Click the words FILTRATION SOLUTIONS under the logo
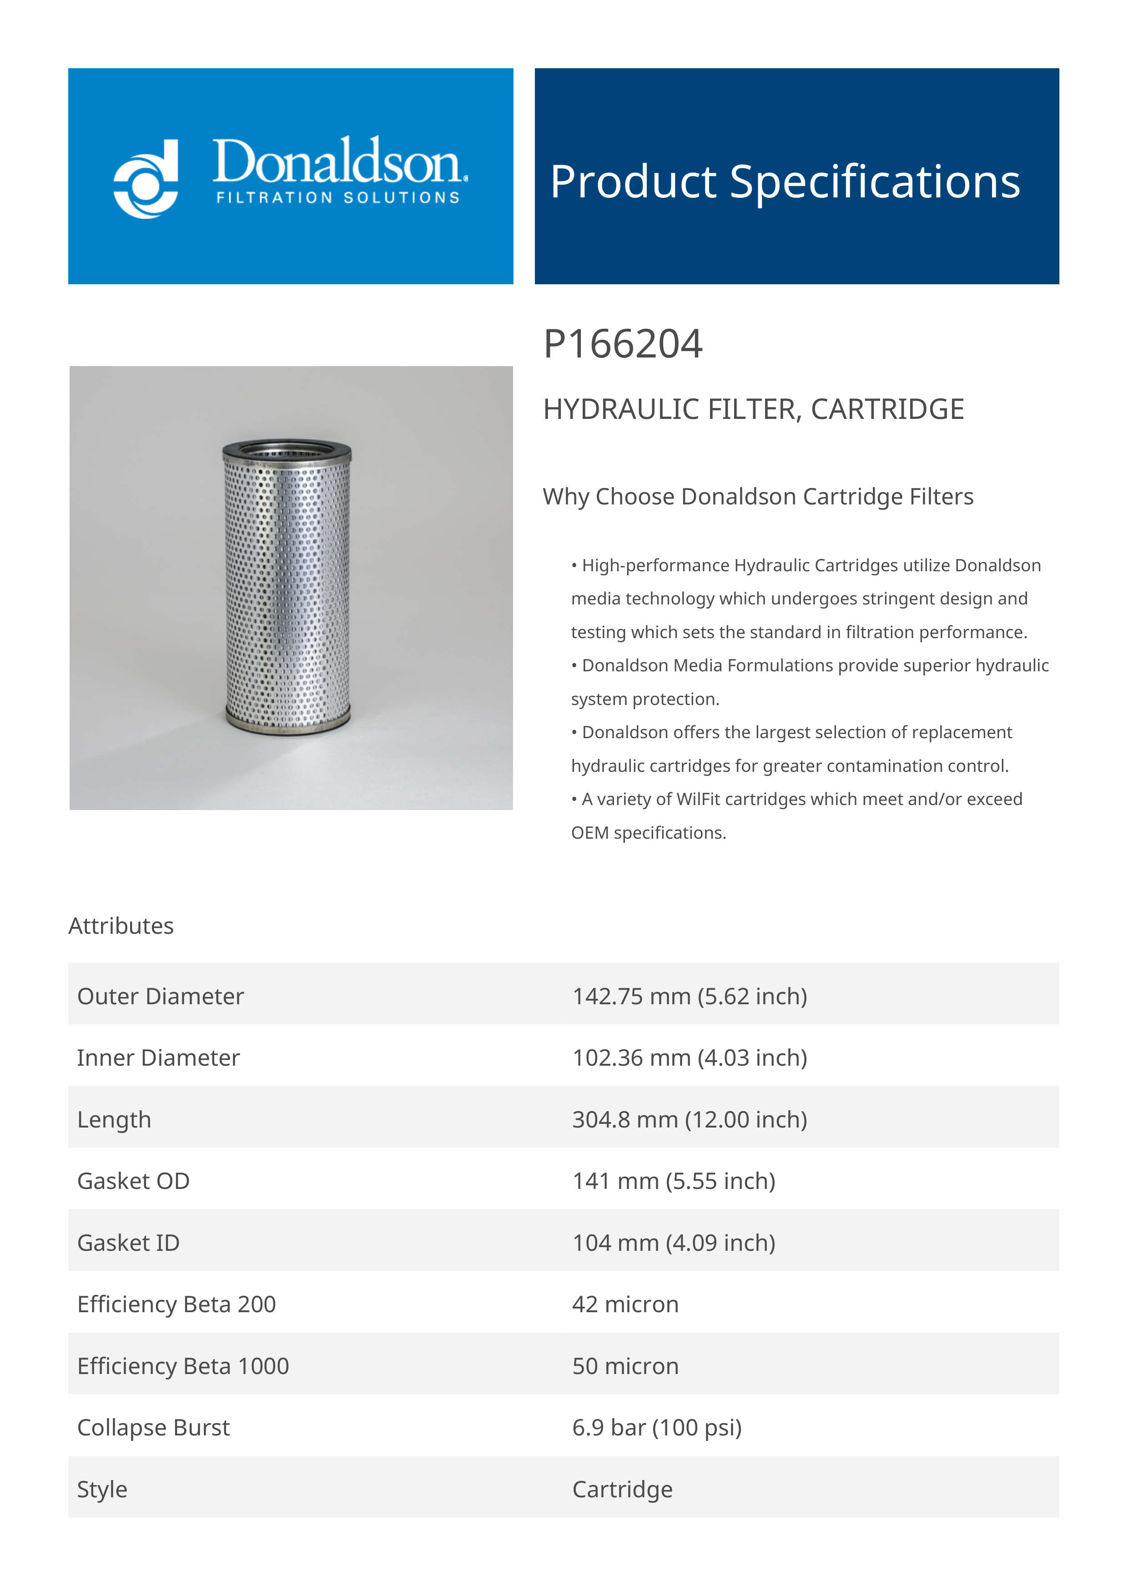[338, 198]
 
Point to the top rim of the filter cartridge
[287, 449]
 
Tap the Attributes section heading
[121, 926]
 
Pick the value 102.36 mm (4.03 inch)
[690, 1057]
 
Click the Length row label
[114, 1119]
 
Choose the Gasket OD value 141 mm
[674, 1181]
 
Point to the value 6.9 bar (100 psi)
[657, 1427]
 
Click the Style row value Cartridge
[622, 1489]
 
